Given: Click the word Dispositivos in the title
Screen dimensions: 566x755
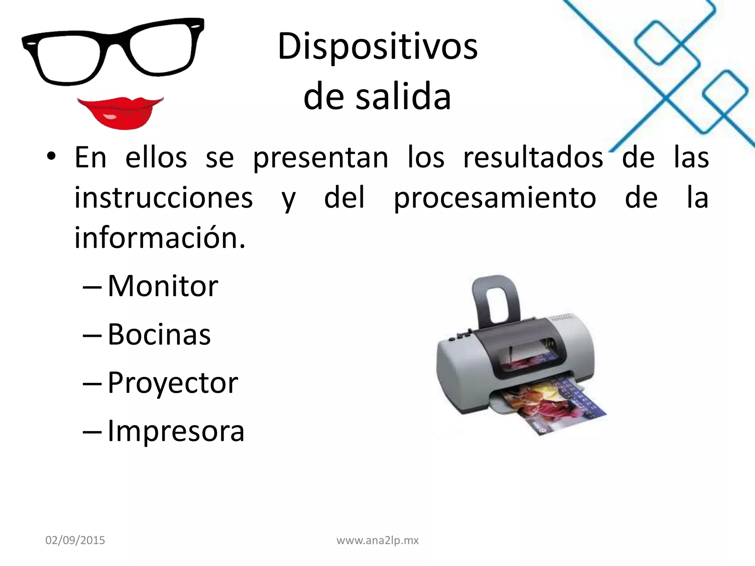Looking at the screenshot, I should (377, 47).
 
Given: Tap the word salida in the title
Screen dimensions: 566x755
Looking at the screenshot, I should (403, 97).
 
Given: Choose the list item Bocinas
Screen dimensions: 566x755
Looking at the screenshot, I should (159, 334).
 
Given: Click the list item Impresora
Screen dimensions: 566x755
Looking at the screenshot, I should (176, 431).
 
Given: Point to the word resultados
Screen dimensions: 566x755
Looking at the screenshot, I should (533, 158).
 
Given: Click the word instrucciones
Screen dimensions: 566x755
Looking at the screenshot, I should (164, 198).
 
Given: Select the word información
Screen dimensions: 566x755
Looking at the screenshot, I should (160, 238).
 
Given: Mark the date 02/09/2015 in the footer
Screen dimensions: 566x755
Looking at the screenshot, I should (75, 540).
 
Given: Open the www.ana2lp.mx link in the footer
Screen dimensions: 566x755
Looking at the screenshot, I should (377, 540).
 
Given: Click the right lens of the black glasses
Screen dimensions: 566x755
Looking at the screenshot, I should (162, 48).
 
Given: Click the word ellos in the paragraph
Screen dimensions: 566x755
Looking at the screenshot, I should (156, 158).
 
